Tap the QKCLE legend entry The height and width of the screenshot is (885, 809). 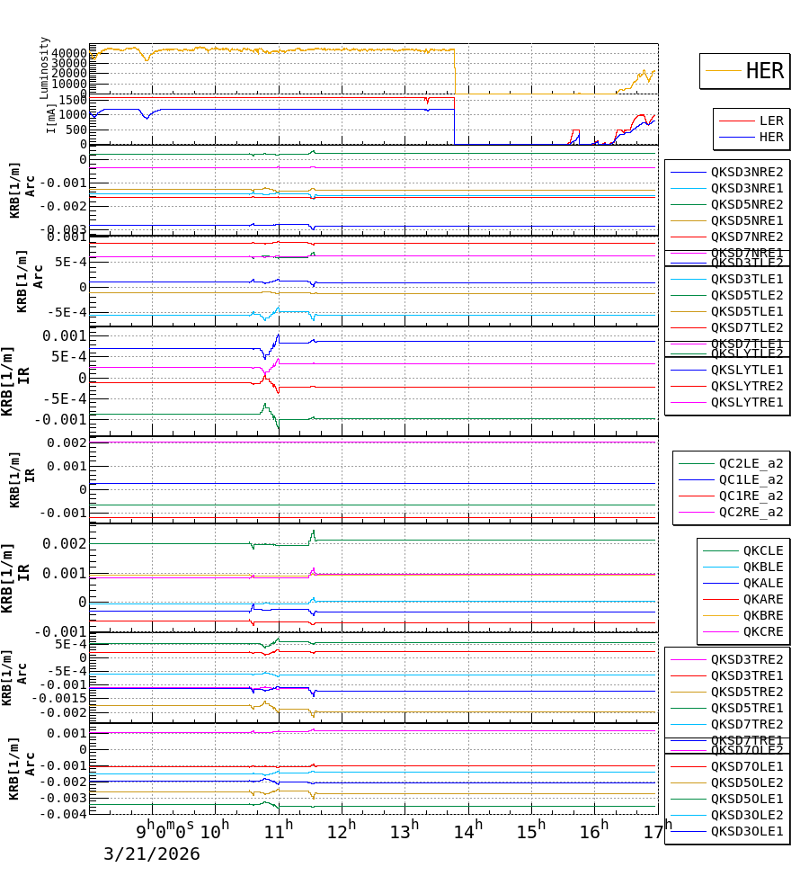(x=762, y=550)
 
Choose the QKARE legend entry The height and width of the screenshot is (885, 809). (x=762, y=599)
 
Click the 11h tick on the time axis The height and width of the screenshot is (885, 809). (x=279, y=829)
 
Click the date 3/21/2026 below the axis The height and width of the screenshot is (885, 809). (x=151, y=854)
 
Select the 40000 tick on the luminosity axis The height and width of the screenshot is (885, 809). (x=68, y=53)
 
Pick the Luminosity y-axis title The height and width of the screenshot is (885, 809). (x=45, y=67)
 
